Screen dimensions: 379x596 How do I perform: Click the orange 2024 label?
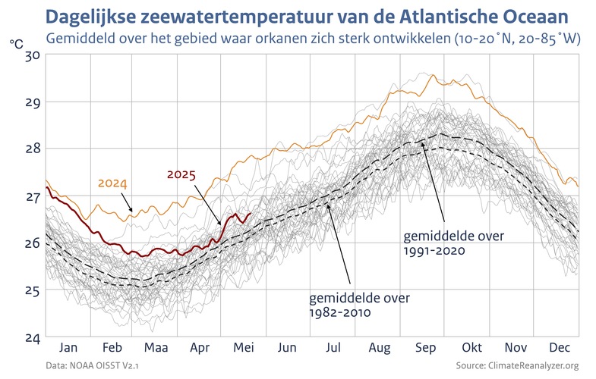(112, 184)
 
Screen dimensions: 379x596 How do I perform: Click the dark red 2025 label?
(181, 175)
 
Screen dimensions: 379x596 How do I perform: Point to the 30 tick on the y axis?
(31, 55)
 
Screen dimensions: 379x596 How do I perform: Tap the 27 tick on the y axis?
(31, 196)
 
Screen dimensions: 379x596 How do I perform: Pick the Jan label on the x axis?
(68, 348)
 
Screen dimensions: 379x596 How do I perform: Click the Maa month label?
(155, 348)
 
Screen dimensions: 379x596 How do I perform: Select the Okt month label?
(471, 348)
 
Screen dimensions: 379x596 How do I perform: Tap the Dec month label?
(560, 348)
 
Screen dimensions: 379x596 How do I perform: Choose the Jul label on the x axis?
(333, 348)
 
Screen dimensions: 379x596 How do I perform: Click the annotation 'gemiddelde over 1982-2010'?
(359, 304)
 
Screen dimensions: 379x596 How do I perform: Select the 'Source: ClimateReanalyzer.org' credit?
(517, 366)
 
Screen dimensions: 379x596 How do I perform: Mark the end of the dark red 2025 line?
(251, 214)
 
